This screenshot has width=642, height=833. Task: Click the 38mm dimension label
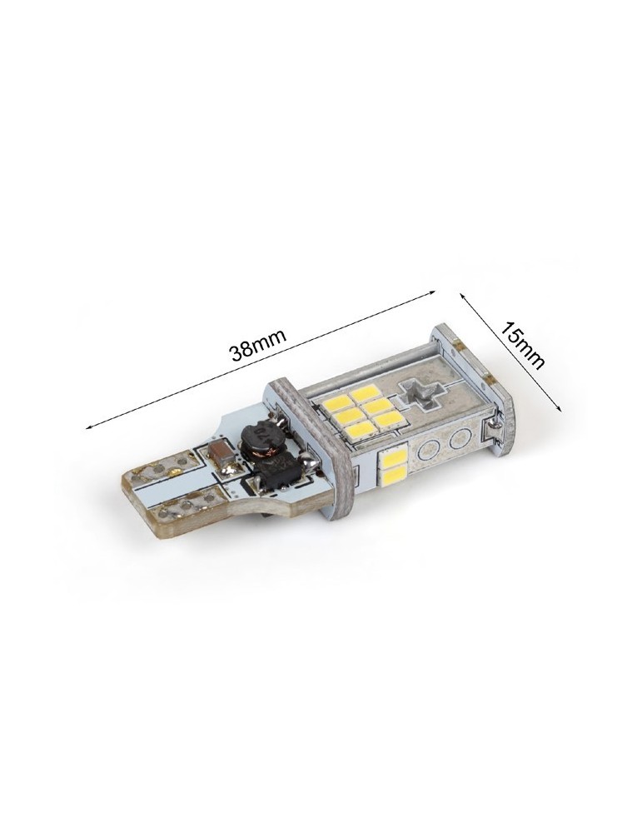(257, 344)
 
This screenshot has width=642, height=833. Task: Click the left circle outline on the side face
(429, 451)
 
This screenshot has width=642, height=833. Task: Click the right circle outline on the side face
(458, 439)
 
